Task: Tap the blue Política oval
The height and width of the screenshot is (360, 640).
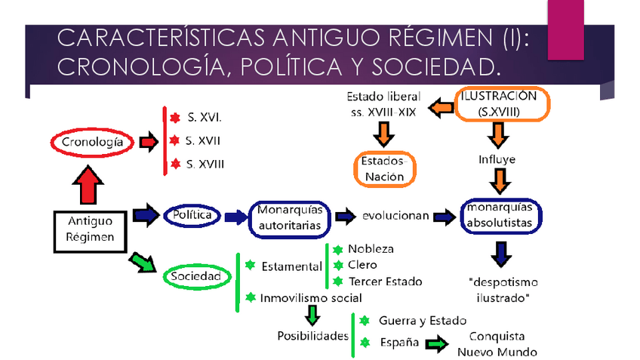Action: click(192, 216)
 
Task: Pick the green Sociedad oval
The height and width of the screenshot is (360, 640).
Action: click(195, 277)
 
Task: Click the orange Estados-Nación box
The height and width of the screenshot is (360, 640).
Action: click(385, 169)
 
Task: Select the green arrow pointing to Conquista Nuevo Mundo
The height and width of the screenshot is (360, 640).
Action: click(435, 344)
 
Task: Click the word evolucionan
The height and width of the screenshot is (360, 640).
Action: click(395, 216)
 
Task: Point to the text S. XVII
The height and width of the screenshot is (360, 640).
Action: click(204, 140)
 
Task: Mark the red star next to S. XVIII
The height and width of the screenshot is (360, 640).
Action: click(174, 164)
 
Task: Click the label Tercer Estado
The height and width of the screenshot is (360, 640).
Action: click(385, 282)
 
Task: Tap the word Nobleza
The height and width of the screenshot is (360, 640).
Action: click(371, 248)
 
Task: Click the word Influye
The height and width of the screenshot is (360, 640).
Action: click(497, 160)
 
